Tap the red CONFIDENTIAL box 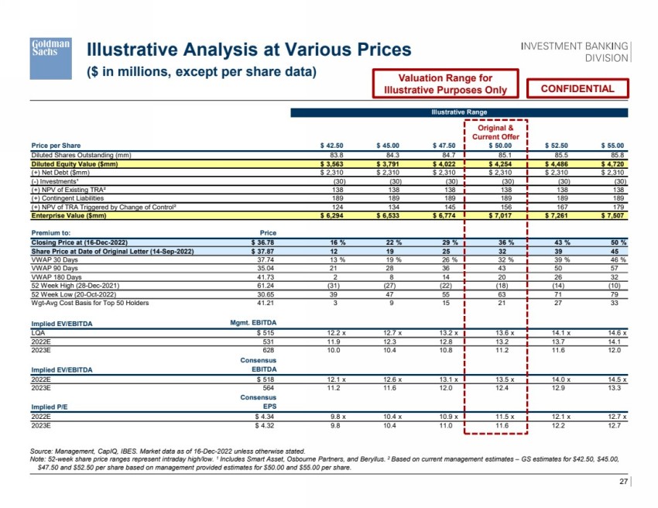click(x=577, y=89)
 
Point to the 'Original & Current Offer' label click(x=495, y=132)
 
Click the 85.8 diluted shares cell click(x=616, y=154)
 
